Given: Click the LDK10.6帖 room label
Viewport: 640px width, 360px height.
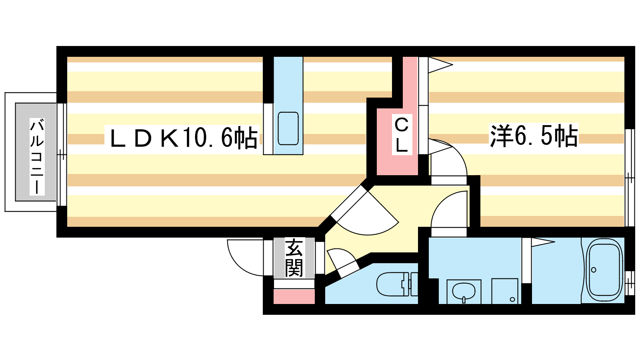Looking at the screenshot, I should [183, 138].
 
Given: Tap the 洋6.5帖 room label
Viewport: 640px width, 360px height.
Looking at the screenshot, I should [534, 136].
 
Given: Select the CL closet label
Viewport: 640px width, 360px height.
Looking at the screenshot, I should [401, 134].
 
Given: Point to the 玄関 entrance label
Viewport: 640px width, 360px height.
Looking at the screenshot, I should [294, 258].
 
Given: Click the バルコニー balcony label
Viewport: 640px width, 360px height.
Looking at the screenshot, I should [37, 156].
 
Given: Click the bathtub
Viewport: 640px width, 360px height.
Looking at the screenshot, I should [604, 270].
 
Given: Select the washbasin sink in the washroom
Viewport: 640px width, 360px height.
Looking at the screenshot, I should [464, 291].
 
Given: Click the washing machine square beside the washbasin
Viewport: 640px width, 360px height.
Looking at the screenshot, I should [505, 291].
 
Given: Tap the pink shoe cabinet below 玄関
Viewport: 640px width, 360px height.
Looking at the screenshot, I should [294, 297].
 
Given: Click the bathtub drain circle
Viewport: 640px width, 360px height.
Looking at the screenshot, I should [594, 270].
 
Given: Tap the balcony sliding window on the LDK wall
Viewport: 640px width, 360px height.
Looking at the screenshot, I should [61, 154].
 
